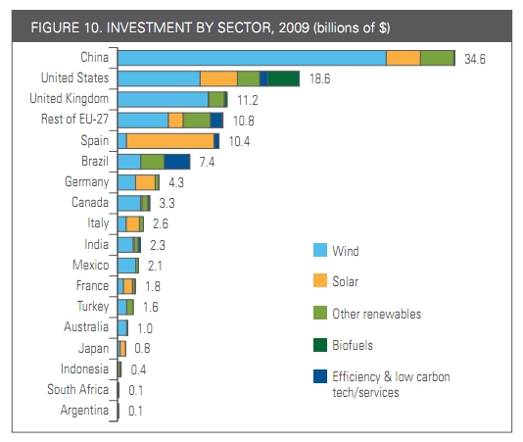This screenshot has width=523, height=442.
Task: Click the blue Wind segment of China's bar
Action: coord(252,59)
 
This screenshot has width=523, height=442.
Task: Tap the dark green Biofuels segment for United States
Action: coord(283,79)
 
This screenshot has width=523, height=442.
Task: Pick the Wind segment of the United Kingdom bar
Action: coord(163,99)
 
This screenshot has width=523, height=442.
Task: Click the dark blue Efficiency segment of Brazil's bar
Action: coord(177,162)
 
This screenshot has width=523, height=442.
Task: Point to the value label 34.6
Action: coord(476,60)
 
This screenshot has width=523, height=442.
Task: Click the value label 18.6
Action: coord(320,79)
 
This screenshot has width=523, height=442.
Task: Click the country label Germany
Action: coord(86,182)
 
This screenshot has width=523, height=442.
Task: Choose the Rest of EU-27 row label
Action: coord(71,120)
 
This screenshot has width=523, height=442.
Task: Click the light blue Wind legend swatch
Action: coord(316,252)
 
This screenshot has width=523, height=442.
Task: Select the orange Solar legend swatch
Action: coord(316,283)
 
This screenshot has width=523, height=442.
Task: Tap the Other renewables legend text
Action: coord(377,315)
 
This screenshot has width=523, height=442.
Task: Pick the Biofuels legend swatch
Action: coord(316,346)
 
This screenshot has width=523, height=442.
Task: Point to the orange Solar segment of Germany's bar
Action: coord(145,182)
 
